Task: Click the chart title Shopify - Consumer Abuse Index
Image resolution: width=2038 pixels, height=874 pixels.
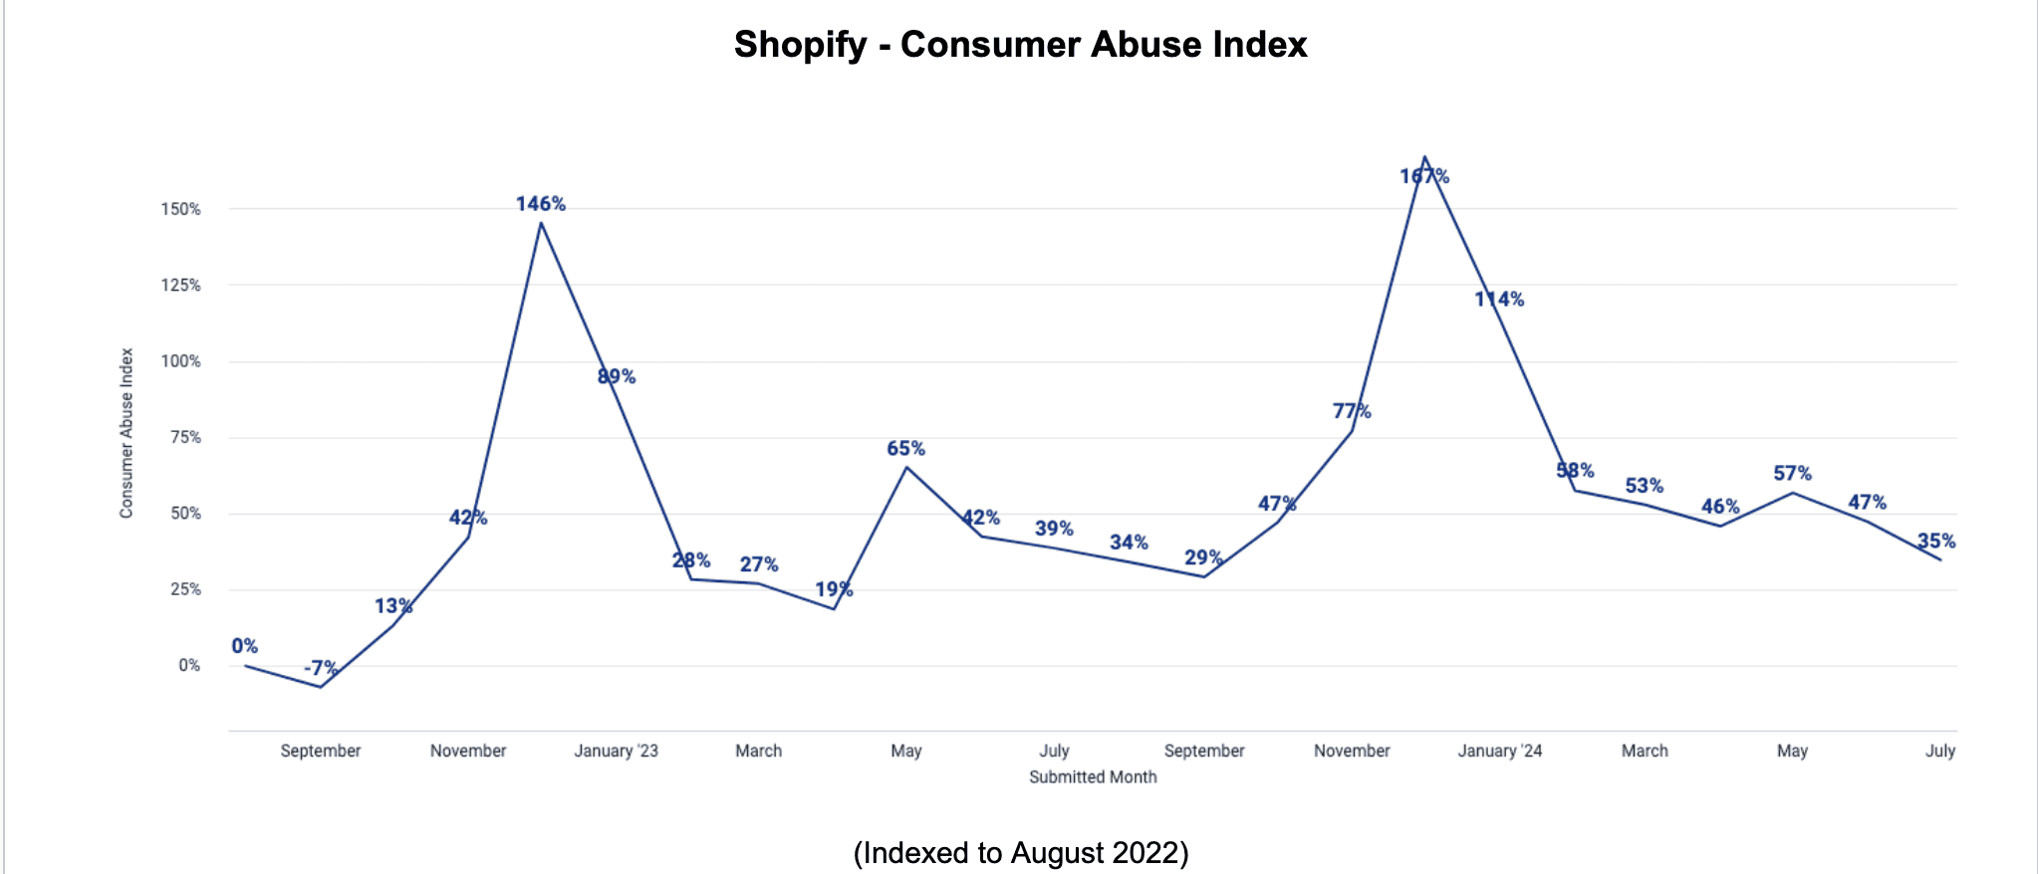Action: pyautogui.click(x=1020, y=45)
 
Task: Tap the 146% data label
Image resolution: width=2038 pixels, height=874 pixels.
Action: pyautogui.click(x=541, y=204)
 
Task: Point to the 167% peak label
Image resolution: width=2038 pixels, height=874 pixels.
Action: pyautogui.click(x=1424, y=177)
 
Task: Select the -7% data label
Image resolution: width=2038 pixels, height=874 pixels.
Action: pyautogui.click(x=321, y=668)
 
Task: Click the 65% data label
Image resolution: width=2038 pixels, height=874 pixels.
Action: pyautogui.click(x=905, y=449)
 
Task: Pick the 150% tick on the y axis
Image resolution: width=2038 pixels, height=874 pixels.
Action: pyautogui.click(x=181, y=209)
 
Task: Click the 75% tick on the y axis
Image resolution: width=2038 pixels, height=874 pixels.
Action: pyautogui.click(x=185, y=437)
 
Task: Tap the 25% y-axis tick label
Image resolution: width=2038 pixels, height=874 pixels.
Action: pyautogui.click(x=185, y=589)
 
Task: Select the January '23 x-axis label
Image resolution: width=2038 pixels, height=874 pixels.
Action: pyautogui.click(x=616, y=751)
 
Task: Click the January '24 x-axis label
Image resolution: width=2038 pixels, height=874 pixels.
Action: pyautogui.click(x=1499, y=751)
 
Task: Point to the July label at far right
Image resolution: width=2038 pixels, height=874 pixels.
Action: pyautogui.click(x=1939, y=751)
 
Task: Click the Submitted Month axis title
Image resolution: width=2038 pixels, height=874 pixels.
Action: pyautogui.click(x=1093, y=777)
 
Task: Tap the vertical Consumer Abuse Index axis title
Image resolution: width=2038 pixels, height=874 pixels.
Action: pyautogui.click(x=127, y=433)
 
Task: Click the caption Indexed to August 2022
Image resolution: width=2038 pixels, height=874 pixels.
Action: pyautogui.click(x=1020, y=853)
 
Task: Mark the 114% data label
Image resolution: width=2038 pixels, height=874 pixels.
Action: pyautogui.click(x=1499, y=300)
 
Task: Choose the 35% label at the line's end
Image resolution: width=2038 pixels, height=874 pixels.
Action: pyautogui.click(x=1935, y=542)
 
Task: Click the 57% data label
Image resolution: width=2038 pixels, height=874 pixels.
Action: pyautogui.click(x=1792, y=474)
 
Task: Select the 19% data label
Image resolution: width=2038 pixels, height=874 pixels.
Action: pyautogui.click(x=834, y=590)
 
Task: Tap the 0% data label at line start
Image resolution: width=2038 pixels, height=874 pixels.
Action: pyautogui.click(x=245, y=646)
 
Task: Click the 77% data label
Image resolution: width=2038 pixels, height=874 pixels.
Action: pyautogui.click(x=1352, y=411)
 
